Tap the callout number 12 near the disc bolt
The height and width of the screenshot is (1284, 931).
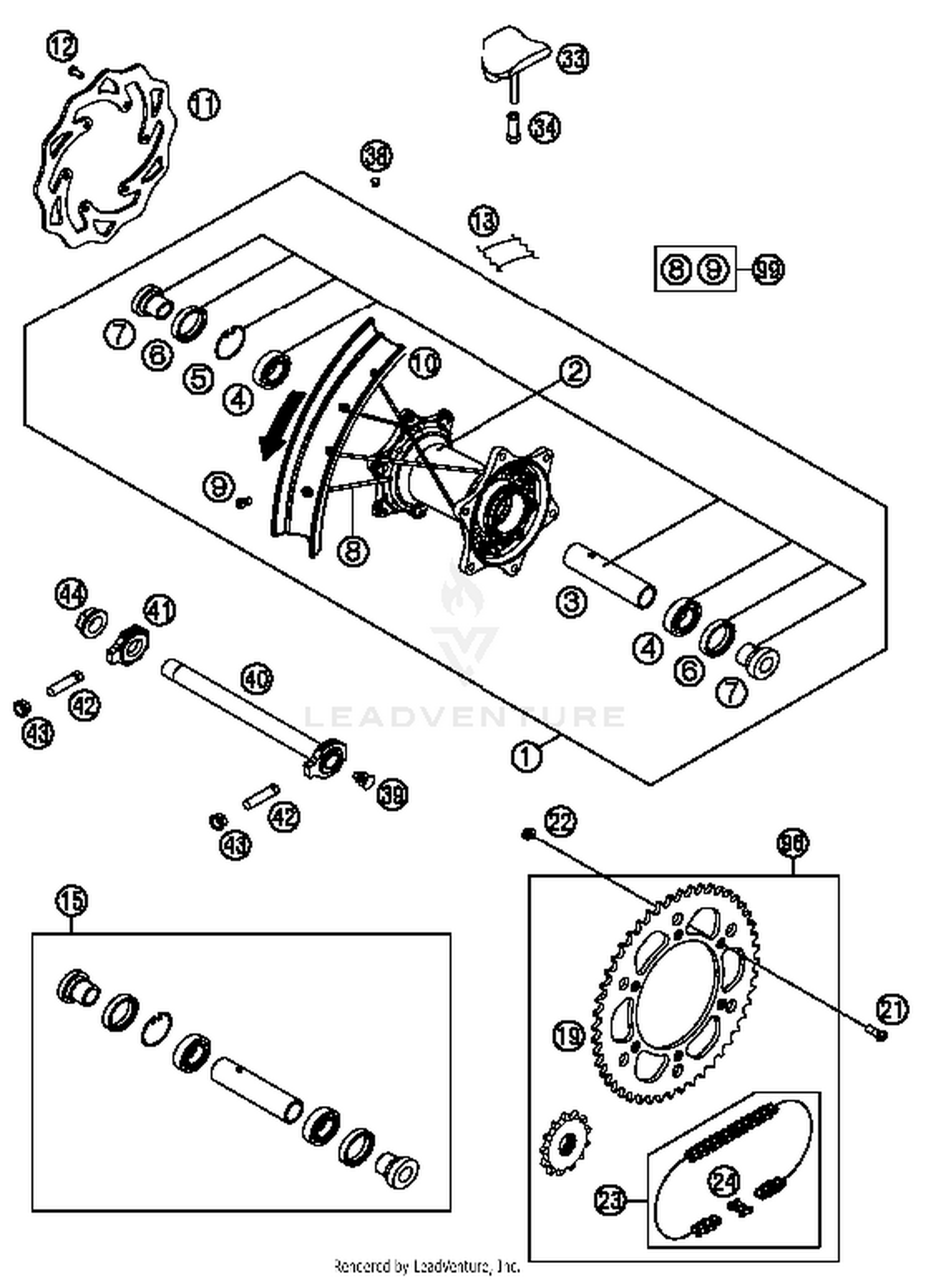coord(63,47)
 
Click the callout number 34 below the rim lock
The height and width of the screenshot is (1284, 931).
coord(544,128)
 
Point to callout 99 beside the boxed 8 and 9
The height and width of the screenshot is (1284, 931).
coord(768,269)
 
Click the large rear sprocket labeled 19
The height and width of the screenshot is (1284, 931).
coord(677,992)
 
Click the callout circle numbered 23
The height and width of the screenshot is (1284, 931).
coord(610,1200)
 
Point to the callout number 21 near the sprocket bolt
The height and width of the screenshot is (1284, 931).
coord(892,1010)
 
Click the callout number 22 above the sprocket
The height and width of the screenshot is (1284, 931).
coord(560,822)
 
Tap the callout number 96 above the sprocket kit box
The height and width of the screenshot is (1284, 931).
coord(793,844)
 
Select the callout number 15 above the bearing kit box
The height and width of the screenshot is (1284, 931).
coord(71,900)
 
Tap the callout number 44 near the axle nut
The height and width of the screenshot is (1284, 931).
coord(72,594)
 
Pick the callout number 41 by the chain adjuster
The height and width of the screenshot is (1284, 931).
coord(160,611)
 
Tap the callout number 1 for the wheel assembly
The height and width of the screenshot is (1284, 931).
coord(526,757)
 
